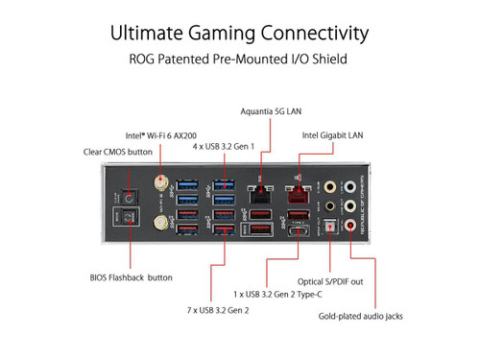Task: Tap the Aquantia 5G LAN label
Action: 269,113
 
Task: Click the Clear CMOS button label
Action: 118,152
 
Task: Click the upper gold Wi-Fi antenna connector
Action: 160,181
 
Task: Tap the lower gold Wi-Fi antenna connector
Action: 160,222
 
